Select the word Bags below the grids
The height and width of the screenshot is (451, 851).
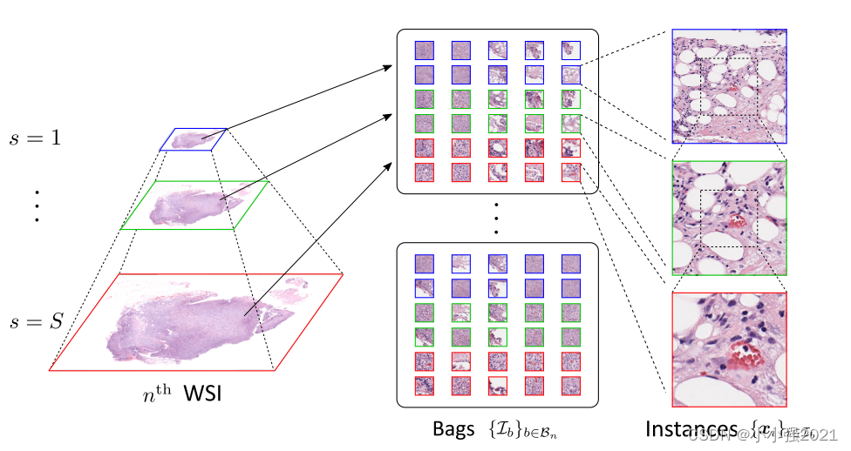pyautogui.click(x=453, y=429)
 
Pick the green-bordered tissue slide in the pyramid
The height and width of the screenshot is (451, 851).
pyautogui.click(x=194, y=205)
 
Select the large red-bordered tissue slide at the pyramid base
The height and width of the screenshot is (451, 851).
pyautogui.click(x=195, y=321)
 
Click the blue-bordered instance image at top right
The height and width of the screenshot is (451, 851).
pyautogui.click(x=729, y=86)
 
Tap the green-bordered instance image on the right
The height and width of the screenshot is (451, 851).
pyautogui.click(x=729, y=218)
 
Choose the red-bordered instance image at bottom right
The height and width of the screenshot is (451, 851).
pyautogui.click(x=729, y=349)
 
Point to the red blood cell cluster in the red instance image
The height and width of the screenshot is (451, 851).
pyautogui.click(x=739, y=351)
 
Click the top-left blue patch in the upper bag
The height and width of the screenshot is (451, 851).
pyautogui.click(x=425, y=50)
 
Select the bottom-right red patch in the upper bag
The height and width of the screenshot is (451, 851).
pyautogui.click(x=571, y=172)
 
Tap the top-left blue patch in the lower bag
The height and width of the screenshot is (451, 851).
pyautogui.click(x=425, y=262)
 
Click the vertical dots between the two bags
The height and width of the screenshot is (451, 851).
pyautogui.click(x=496, y=218)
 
